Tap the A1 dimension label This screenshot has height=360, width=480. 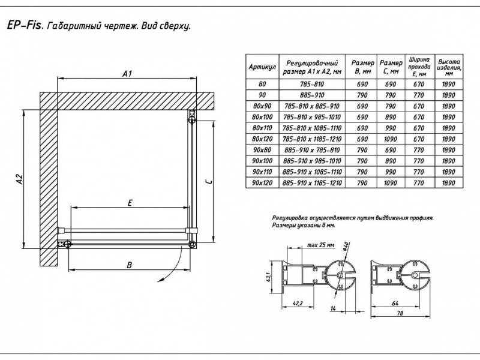127,73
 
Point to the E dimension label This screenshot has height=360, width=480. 130,203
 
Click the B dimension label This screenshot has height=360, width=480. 130,265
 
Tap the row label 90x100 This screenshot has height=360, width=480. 262,160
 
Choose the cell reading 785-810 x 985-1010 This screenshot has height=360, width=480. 314,117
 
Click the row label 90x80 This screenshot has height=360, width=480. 262,149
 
